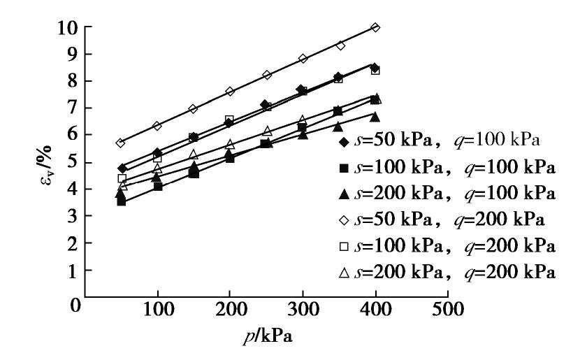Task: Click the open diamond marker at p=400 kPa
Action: tap(375, 27)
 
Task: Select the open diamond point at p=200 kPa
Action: tap(230, 92)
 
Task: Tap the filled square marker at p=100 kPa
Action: tap(157, 187)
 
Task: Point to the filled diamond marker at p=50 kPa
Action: tap(122, 168)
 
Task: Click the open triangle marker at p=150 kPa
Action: tap(194, 154)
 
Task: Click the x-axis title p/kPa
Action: tap(265, 337)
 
